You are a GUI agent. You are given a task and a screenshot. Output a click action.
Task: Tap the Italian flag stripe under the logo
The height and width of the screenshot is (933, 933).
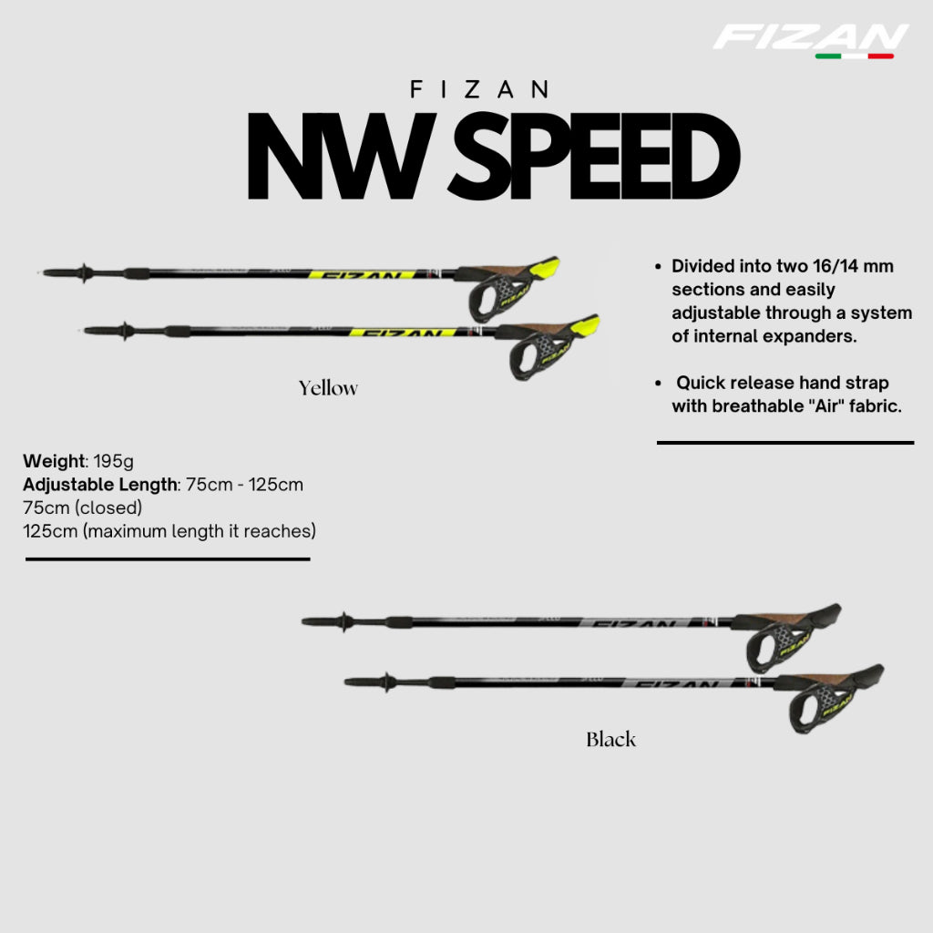pyautogui.click(x=854, y=56)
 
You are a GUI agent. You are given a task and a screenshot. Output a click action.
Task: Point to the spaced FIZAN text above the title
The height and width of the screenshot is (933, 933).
pyautogui.click(x=479, y=89)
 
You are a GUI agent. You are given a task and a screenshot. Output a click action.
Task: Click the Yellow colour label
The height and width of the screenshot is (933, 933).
pyautogui.click(x=328, y=388)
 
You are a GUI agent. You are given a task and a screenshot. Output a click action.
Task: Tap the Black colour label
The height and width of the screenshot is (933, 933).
pyautogui.click(x=610, y=739)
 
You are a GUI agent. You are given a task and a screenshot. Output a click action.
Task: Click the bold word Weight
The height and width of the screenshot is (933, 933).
pyautogui.click(x=53, y=460)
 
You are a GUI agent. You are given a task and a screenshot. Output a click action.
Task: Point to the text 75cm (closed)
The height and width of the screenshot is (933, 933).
pyautogui.click(x=83, y=508)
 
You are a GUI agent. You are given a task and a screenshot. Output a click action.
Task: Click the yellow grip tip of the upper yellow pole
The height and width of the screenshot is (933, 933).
pyautogui.click(x=545, y=267)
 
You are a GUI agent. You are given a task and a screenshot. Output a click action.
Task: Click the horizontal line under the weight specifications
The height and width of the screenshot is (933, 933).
pyautogui.click(x=168, y=559)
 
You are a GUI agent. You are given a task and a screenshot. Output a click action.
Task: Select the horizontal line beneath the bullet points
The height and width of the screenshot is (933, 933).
pyautogui.click(x=784, y=443)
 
